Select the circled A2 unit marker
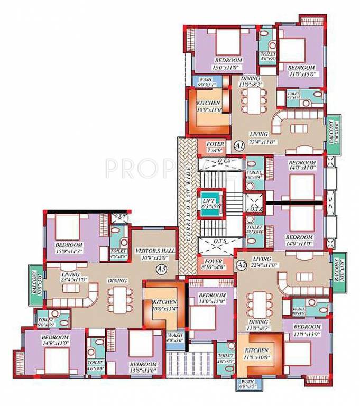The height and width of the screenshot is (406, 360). [x=241, y=263]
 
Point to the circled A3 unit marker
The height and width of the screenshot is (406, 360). [x=162, y=269]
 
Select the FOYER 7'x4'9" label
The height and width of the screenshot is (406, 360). [x=215, y=146]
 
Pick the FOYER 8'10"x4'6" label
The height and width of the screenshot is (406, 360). [x=214, y=264]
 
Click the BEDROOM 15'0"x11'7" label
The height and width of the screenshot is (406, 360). [x=69, y=248]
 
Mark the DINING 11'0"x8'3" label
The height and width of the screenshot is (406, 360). [x=251, y=80]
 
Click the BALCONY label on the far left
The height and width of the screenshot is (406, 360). [x=33, y=283]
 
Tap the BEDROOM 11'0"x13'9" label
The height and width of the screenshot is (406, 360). [x=307, y=330]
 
